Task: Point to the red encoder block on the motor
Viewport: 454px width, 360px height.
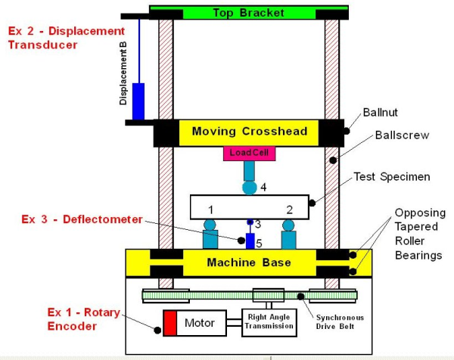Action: (169, 323)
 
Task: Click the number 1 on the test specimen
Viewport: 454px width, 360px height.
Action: (212, 207)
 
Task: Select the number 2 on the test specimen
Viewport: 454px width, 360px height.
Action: (289, 207)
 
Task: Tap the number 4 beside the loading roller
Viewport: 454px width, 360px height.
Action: (263, 186)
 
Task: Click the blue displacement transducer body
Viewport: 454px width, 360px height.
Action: (138, 101)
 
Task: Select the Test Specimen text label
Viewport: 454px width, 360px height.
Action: (393, 176)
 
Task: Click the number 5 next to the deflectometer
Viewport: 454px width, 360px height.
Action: (258, 244)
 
